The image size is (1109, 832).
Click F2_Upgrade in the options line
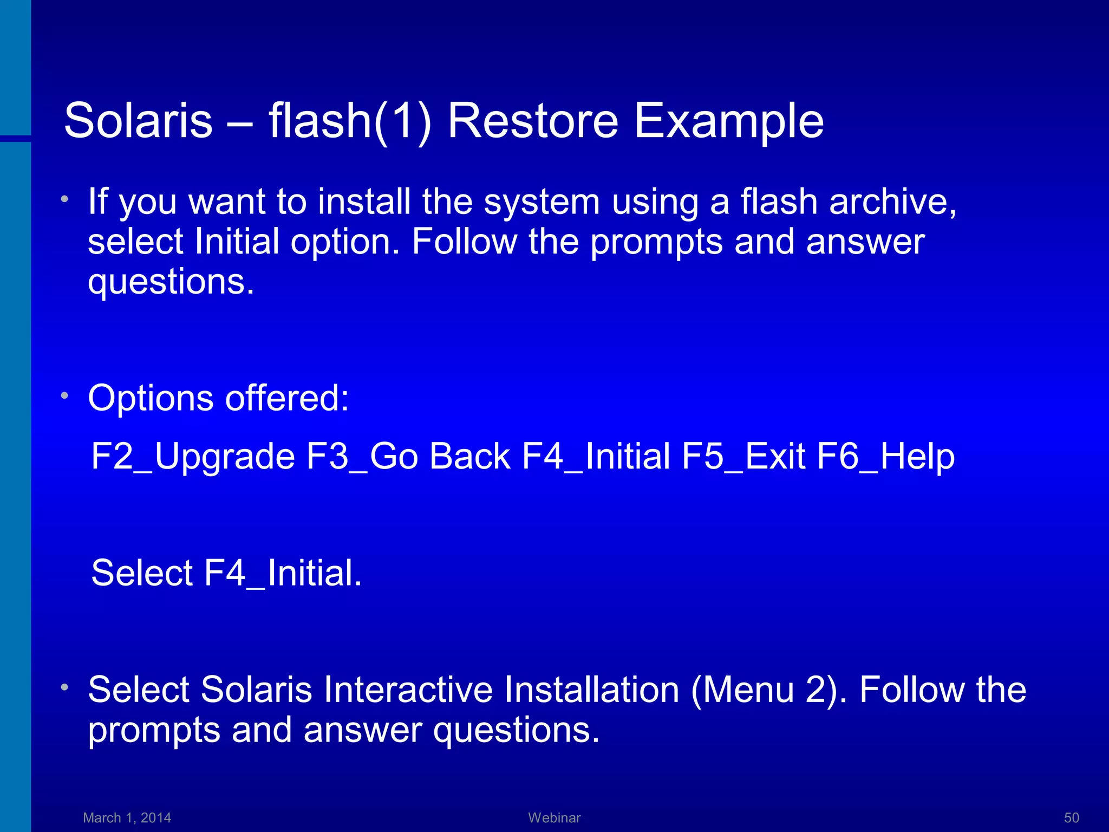(193, 456)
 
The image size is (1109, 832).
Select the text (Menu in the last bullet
(742, 690)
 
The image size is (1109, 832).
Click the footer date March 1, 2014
(127, 817)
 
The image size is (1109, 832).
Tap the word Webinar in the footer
(554, 817)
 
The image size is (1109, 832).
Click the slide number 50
(1071, 817)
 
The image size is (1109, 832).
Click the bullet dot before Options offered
(64, 396)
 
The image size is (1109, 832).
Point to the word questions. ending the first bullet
(171, 282)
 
